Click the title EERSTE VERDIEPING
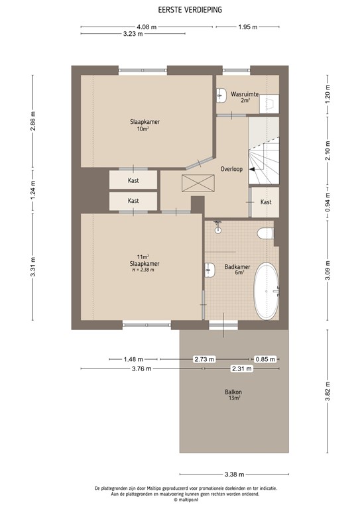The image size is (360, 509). click(180, 11)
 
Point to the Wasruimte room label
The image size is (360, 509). click(245, 95)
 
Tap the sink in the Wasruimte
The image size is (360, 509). click(221, 95)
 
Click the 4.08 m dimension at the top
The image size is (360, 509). click(147, 27)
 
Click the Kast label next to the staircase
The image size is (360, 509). click(266, 201)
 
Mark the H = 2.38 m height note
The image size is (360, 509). click(142, 270)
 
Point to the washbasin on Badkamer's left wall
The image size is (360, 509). click(210, 269)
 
